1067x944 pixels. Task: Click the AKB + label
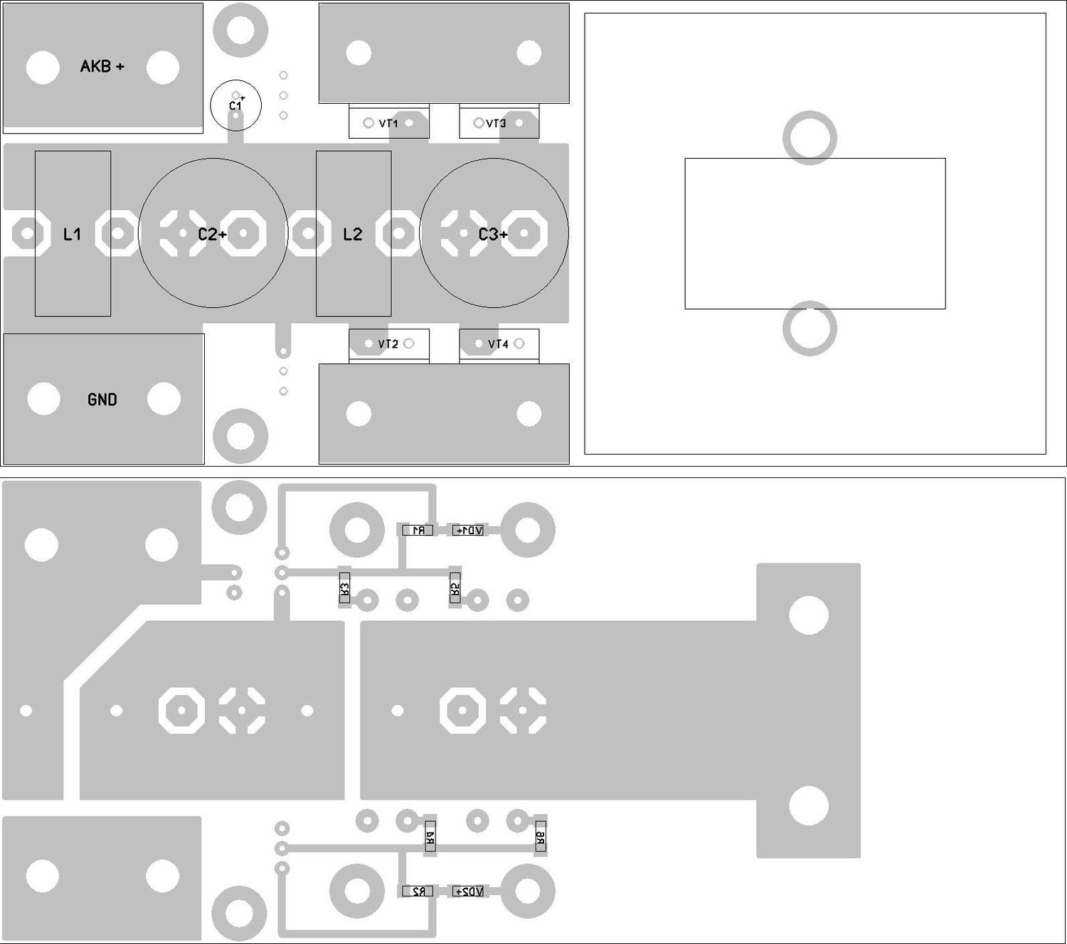pyautogui.click(x=102, y=67)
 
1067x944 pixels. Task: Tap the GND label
pyautogui.click(x=102, y=400)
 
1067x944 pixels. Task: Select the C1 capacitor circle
pyautogui.click(x=236, y=105)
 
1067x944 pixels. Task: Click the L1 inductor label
pyautogui.click(x=72, y=234)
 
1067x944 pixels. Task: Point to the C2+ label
pyautogui.click(x=212, y=234)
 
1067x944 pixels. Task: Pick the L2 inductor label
pyautogui.click(x=353, y=234)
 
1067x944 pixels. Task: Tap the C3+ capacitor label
pyautogui.click(x=493, y=234)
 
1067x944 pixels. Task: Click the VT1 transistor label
pyautogui.click(x=388, y=124)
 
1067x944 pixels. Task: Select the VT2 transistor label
pyautogui.click(x=388, y=344)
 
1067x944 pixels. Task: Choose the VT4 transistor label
pyautogui.click(x=498, y=344)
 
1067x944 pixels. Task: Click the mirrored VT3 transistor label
pyautogui.click(x=496, y=124)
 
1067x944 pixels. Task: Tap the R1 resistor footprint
pyautogui.click(x=417, y=531)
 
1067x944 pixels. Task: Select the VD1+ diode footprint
pyautogui.click(x=468, y=531)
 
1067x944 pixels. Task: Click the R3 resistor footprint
pyautogui.click(x=345, y=588)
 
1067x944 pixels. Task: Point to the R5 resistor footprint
pyautogui.click(x=455, y=588)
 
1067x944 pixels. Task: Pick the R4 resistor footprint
pyautogui.click(x=430, y=834)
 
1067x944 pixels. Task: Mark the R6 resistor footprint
pyautogui.click(x=541, y=834)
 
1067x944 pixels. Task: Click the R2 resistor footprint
pyautogui.click(x=417, y=891)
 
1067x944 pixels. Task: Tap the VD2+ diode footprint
pyautogui.click(x=468, y=891)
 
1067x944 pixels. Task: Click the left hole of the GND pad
pyautogui.click(x=43, y=399)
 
